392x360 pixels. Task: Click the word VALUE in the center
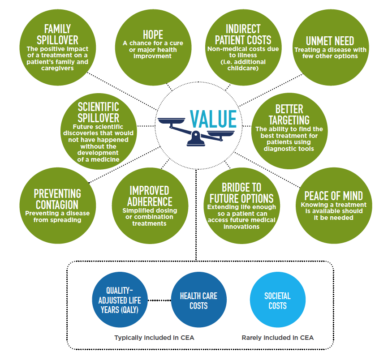point(213,119)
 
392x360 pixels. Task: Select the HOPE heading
point(153,35)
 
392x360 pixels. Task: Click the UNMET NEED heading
point(330,41)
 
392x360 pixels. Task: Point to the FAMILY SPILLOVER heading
point(57,34)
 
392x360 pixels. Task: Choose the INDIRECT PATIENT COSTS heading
point(243,34)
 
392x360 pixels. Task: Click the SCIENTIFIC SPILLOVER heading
point(99,112)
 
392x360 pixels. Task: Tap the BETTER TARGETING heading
point(289,115)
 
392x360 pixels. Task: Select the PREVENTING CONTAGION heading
point(57,199)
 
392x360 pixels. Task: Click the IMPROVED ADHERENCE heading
point(150,196)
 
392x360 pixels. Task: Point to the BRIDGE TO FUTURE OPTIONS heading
point(241,193)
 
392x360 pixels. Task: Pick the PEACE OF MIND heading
point(333,196)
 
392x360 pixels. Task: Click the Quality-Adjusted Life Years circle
point(120,300)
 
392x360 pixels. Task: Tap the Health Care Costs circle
point(199,300)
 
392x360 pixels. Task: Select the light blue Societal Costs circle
point(277,300)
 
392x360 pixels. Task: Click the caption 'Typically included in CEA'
point(154,338)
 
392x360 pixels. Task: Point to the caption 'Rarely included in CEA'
point(277,338)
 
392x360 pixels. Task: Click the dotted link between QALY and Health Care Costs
point(159,300)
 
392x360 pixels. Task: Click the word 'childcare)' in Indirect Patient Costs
point(243,68)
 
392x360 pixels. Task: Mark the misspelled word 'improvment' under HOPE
point(152,56)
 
